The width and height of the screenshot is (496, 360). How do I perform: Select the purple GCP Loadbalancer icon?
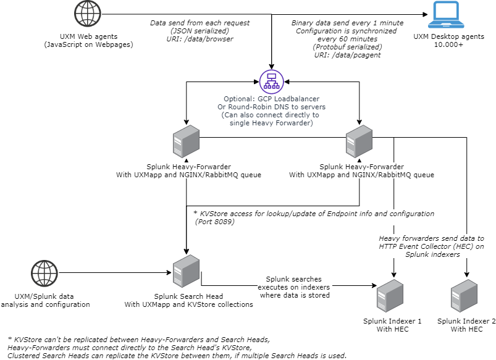271,82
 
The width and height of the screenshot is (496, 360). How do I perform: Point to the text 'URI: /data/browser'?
200,38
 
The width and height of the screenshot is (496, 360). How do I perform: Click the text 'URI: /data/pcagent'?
347,54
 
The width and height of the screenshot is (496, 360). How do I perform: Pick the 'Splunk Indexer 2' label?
467,321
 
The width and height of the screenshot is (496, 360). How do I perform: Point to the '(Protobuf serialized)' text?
347,46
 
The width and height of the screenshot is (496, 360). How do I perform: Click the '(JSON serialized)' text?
200,30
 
